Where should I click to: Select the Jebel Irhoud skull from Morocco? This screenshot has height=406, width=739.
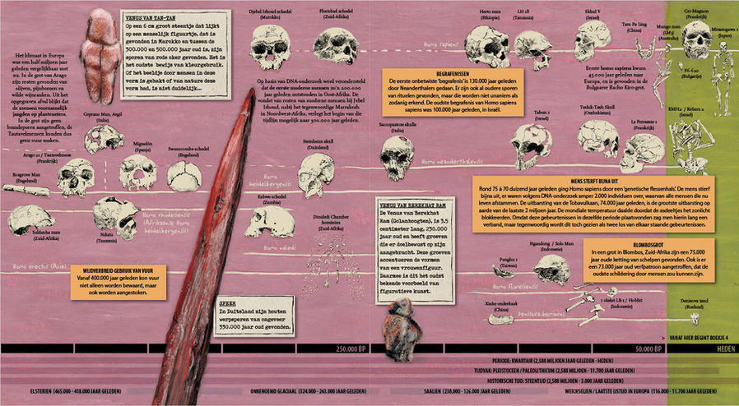(x=268, y=38)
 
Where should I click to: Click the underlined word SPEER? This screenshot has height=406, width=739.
(x=228, y=302)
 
